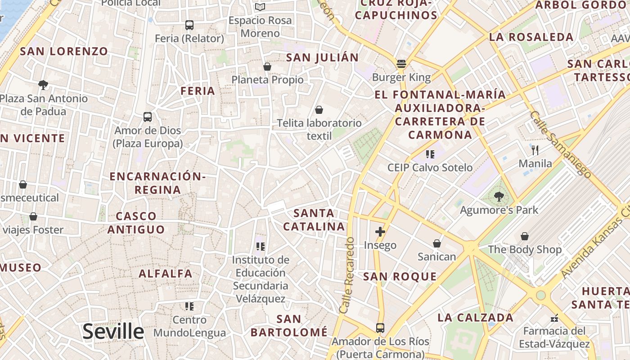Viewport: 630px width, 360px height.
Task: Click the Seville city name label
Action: (x=113, y=332)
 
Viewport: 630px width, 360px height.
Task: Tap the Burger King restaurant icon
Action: (x=401, y=63)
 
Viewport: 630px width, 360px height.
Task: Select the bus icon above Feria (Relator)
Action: (x=189, y=25)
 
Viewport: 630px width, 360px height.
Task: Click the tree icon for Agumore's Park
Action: (x=499, y=196)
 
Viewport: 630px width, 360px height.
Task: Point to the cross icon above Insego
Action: (x=380, y=232)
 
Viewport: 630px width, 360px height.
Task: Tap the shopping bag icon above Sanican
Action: (x=436, y=243)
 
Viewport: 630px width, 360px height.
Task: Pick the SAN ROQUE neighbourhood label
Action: (x=400, y=276)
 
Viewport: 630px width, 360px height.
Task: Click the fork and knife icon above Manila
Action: (x=535, y=150)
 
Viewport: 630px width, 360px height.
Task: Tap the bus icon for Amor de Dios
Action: (x=148, y=117)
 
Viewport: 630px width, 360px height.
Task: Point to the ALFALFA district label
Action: (x=165, y=273)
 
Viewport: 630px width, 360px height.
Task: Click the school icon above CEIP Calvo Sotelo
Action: (x=430, y=154)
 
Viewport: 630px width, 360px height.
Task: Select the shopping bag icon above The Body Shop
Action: (x=525, y=236)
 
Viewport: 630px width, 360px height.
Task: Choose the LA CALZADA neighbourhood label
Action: (x=475, y=317)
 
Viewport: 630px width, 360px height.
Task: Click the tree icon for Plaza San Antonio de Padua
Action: (x=43, y=85)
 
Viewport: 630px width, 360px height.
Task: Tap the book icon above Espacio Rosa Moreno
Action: (x=260, y=7)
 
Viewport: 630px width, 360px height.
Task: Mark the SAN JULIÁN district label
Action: (x=322, y=57)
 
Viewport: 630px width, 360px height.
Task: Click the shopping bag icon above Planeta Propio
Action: (x=267, y=67)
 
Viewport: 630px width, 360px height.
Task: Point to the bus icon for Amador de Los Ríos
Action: (x=380, y=328)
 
